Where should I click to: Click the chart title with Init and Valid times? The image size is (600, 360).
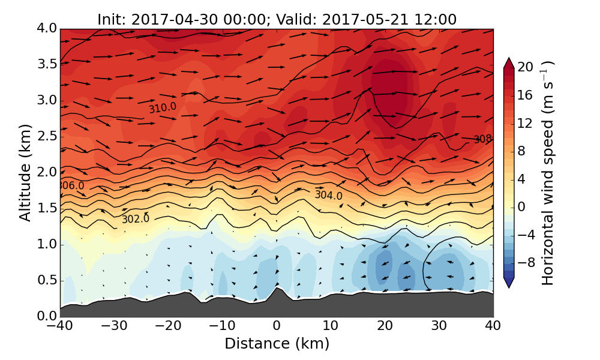click(277, 19)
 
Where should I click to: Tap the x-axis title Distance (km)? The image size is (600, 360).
click(277, 344)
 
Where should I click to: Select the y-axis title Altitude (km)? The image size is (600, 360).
click(25, 173)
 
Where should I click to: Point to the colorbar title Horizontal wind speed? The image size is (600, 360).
click(547, 173)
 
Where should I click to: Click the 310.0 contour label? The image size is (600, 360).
click(163, 107)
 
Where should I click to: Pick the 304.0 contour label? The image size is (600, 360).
click(328, 195)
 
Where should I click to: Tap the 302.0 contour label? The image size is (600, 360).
click(135, 219)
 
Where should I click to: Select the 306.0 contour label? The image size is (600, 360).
click(71, 186)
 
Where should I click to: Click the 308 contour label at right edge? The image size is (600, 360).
click(482, 139)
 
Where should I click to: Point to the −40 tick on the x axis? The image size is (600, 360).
click(60, 326)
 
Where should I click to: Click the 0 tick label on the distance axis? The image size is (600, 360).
click(277, 326)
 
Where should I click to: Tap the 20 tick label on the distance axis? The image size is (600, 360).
click(385, 326)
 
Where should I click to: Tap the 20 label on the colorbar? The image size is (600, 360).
click(526, 67)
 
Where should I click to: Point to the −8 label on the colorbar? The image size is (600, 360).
click(526, 262)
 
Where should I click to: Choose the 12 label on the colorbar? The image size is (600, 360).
click(526, 123)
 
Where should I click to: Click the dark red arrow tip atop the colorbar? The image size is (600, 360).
click(508, 62)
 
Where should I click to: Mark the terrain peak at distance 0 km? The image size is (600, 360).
click(277, 288)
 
